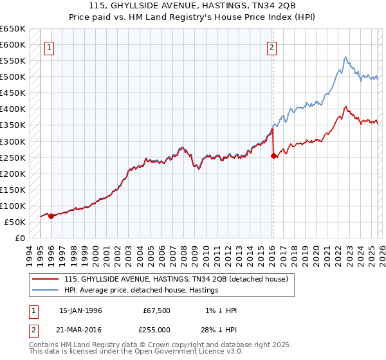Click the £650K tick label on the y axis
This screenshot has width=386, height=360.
pyautogui.click(x=13, y=29)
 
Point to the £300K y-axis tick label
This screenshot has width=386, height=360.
pyautogui.click(x=13, y=141)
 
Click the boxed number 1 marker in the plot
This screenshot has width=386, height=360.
pyautogui.click(x=50, y=46)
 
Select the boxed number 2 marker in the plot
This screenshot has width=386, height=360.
pyautogui.click(x=272, y=46)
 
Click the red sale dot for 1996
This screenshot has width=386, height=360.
pyautogui.click(x=51, y=216)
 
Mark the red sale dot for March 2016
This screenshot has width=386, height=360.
pyautogui.click(x=274, y=156)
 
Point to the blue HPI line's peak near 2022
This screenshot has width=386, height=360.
pyautogui.click(x=345, y=57)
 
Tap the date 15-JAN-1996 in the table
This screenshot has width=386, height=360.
pyautogui.click(x=80, y=310)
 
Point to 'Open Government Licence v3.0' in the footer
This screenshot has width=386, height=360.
pyautogui.click(x=182, y=353)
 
